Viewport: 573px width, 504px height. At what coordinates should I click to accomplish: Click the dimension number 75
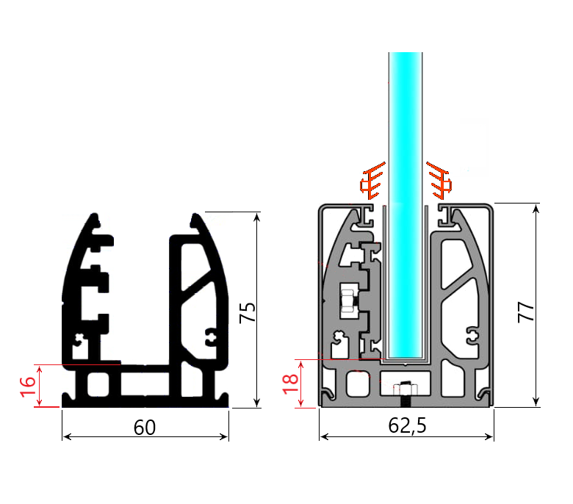pyautogui.click(x=248, y=312)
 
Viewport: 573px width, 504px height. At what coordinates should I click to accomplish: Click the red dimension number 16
pyautogui.click(x=27, y=386)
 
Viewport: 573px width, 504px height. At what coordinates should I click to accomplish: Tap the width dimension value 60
pyautogui.click(x=145, y=427)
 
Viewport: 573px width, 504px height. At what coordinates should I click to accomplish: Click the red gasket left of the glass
pyautogui.click(x=372, y=181)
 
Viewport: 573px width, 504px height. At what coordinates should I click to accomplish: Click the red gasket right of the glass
pyautogui.click(x=439, y=181)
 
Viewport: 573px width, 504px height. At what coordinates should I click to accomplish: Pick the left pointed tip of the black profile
pyautogui.click(x=94, y=217)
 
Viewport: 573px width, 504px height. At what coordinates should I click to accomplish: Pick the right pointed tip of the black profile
pyautogui.click(x=195, y=217)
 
